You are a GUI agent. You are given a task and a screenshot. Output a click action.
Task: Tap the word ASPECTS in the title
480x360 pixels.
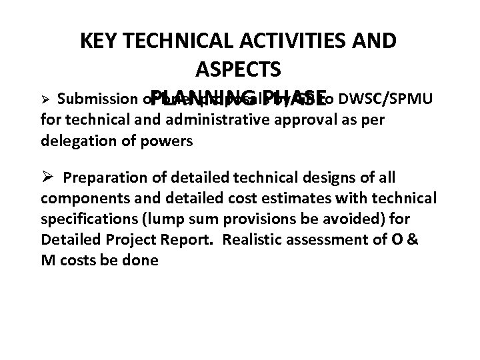click(x=239, y=69)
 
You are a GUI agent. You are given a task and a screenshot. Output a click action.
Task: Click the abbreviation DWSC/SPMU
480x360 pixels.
click(x=387, y=100)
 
